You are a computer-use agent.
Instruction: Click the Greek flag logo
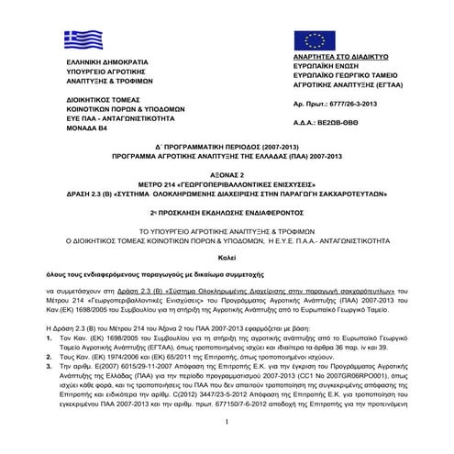(x=83, y=39)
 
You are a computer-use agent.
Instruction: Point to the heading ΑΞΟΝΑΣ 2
(x=226, y=183)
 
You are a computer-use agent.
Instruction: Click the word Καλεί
(x=226, y=256)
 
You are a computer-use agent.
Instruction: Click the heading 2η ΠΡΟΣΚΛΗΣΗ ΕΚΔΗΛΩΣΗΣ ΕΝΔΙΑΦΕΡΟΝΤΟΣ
(x=226, y=214)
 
